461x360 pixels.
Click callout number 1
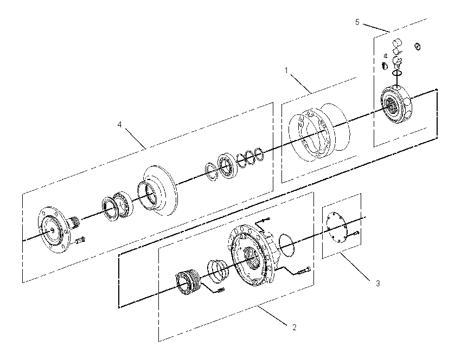[x=286, y=71]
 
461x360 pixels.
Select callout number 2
[x=294, y=327]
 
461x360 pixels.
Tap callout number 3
[x=378, y=284]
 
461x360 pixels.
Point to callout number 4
[x=119, y=125]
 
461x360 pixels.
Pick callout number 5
[x=357, y=22]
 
